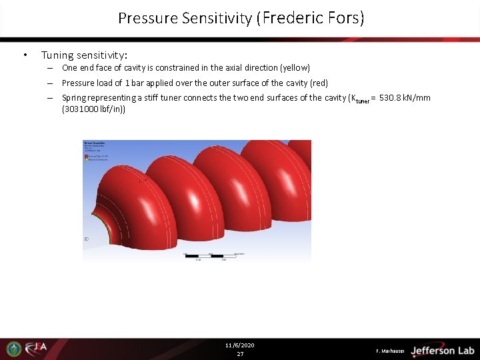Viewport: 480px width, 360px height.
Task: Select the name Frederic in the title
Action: [x=292, y=18]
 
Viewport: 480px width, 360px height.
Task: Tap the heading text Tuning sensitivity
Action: [x=84, y=55]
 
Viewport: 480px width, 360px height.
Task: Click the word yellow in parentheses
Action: [x=296, y=68]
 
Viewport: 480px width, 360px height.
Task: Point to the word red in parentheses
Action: [x=319, y=83]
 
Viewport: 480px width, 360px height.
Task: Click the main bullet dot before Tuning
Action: [x=25, y=55]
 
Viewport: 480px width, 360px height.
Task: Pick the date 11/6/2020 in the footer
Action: [x=240, y=345]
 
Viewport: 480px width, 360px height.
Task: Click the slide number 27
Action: [x=240, y=354]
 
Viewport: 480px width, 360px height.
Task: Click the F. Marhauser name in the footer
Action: [x=390, y=351]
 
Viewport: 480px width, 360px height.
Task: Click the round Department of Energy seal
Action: [x=14, y=349]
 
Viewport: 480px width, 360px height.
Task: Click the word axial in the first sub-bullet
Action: [x=229, y=68]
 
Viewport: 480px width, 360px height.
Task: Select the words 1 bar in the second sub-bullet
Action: [x=123, y=83]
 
